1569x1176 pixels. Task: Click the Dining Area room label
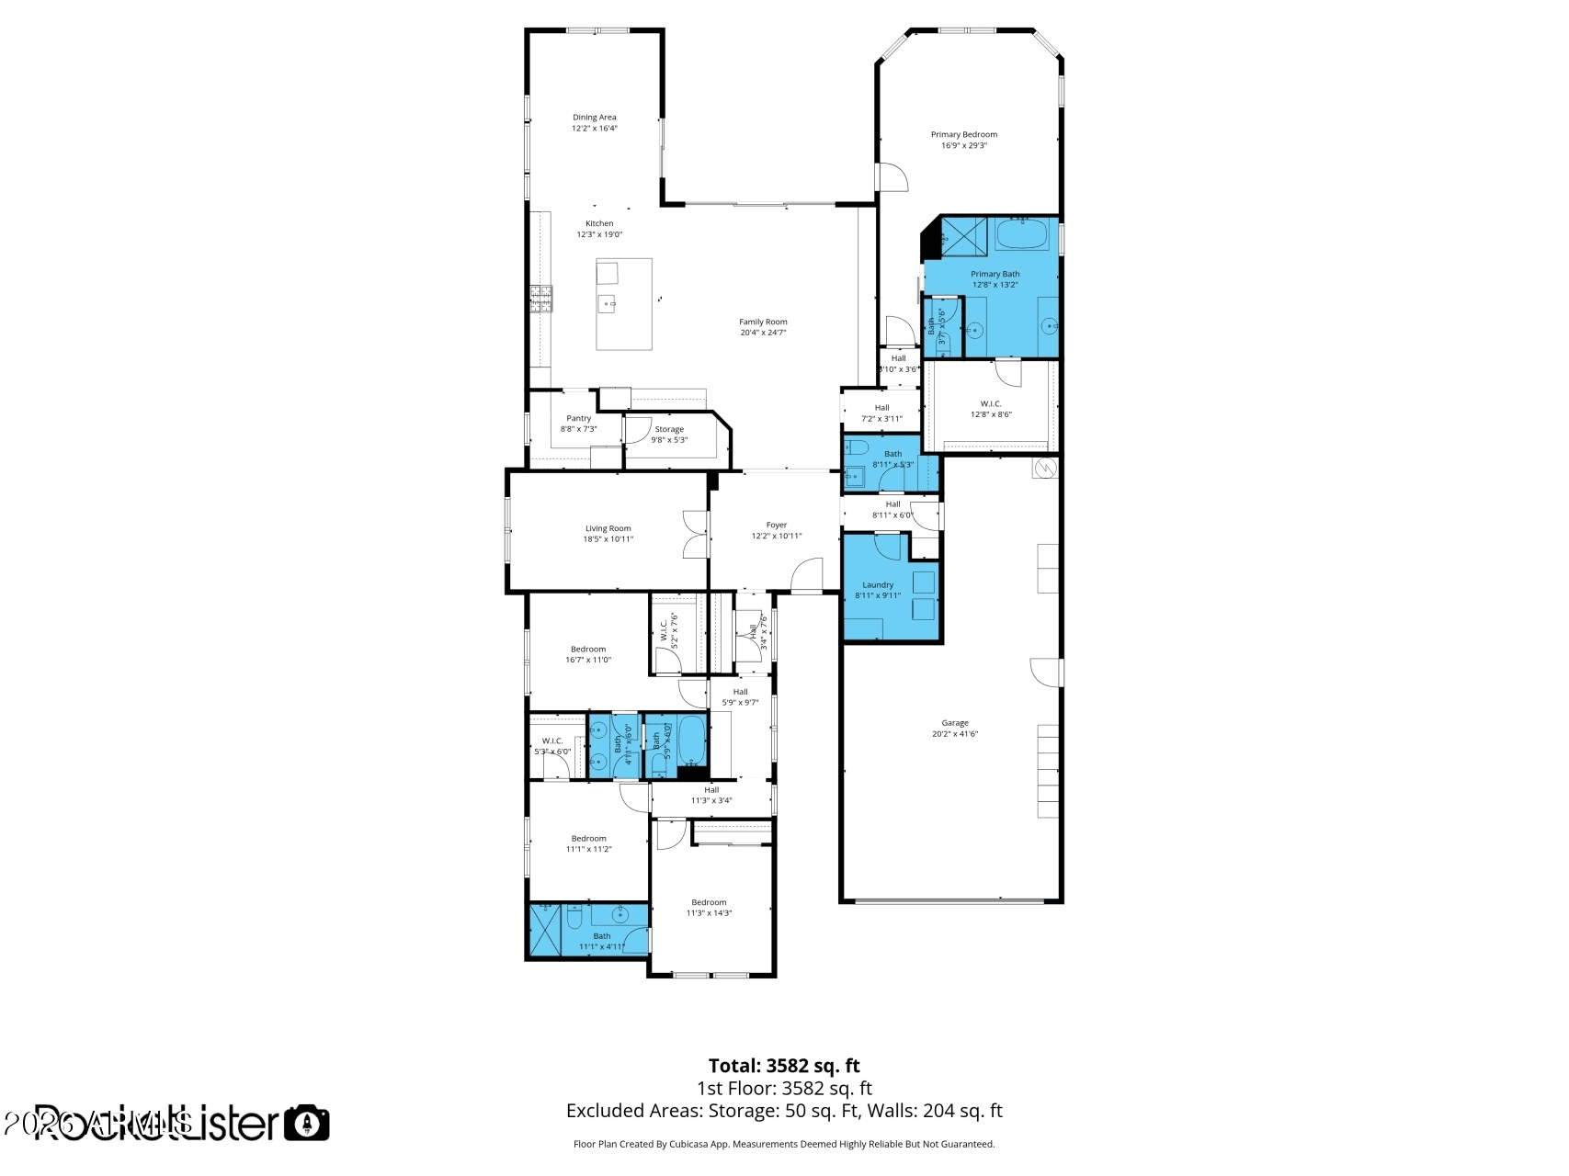pos(594,118)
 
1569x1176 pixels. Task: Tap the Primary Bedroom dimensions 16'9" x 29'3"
pos(963,145)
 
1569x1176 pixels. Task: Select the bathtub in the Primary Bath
pos(1022,234)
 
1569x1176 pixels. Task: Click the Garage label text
pos(954,723)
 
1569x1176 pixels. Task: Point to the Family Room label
pos(763,322)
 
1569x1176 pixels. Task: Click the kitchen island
pos(624,303)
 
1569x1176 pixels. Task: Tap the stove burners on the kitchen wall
pos(541,299)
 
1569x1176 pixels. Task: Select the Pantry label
pos(578,418)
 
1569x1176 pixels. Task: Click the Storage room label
pos(668,429)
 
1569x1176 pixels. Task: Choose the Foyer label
pos(776,525)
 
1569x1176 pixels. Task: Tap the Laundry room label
pos(877,584)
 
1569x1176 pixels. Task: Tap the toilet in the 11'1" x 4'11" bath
pos(574,917)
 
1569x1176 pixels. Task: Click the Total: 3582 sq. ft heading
pos(783,1066)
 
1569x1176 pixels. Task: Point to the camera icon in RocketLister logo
pos(306,1123)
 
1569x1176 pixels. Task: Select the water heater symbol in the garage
pos(1045,469)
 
